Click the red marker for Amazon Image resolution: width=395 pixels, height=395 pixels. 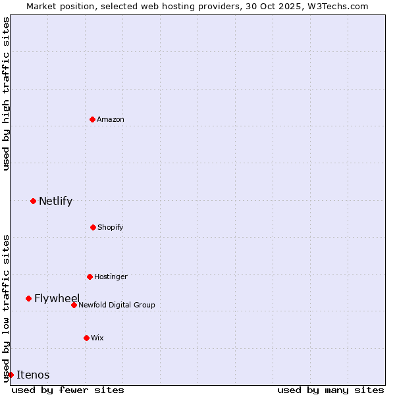click(x=92, y=119)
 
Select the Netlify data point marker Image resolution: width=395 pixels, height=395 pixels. click(x=33, y=201)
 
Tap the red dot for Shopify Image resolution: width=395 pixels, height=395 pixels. click(x=93, y=227)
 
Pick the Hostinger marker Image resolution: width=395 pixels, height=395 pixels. click(x=90, y=276)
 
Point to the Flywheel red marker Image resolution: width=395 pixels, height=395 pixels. click(x=28, y=298)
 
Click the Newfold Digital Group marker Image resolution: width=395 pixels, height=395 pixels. click(x=74, y=305)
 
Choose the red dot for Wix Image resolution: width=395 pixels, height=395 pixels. click(x=86, y=338)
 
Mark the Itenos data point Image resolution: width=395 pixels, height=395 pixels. click(x=11, y=375)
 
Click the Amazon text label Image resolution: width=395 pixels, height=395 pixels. click(x=111, y=119)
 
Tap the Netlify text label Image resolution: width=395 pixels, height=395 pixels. click(x=55, y=201)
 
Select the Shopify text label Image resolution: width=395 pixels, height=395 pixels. click(x=110, y=227)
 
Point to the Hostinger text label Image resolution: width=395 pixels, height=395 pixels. click(x=111, y=276)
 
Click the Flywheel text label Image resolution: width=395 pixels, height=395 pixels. click(x=57, y=298)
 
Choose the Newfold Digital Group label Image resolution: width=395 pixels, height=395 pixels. click(x=117, y=305)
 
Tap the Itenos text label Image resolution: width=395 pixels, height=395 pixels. click(x=33, y=375)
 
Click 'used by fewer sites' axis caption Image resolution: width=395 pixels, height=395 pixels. click(x=68, y=390)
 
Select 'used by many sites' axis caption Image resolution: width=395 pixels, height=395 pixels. click(x=330, y=390)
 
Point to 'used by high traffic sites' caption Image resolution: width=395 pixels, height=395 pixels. click(x=6, y=93)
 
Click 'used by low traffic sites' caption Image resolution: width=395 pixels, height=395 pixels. click(x=6, y=307)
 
